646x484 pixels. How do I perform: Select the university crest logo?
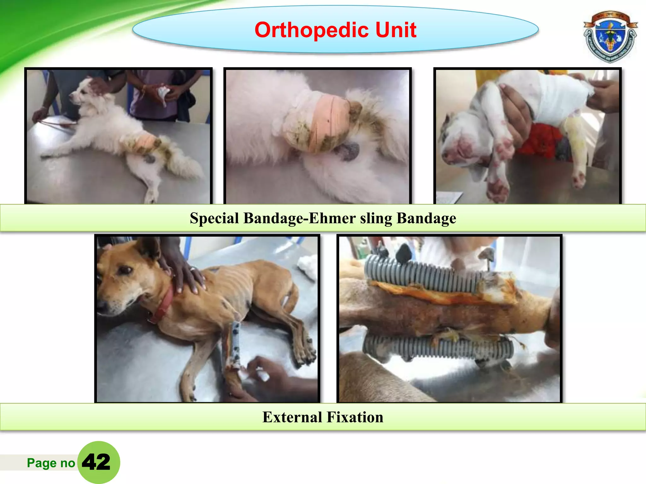click(x=610, y=37)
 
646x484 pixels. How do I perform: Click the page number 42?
click(x=97, y=462)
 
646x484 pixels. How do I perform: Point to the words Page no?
click(x=51, y=463)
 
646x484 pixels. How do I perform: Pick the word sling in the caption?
click(x=376, y=218)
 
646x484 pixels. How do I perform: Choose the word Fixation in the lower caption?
click(x=355, y=417)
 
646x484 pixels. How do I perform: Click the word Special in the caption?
click(x=214, y=218)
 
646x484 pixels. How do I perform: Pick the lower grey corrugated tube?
click(x=438, y=348)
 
